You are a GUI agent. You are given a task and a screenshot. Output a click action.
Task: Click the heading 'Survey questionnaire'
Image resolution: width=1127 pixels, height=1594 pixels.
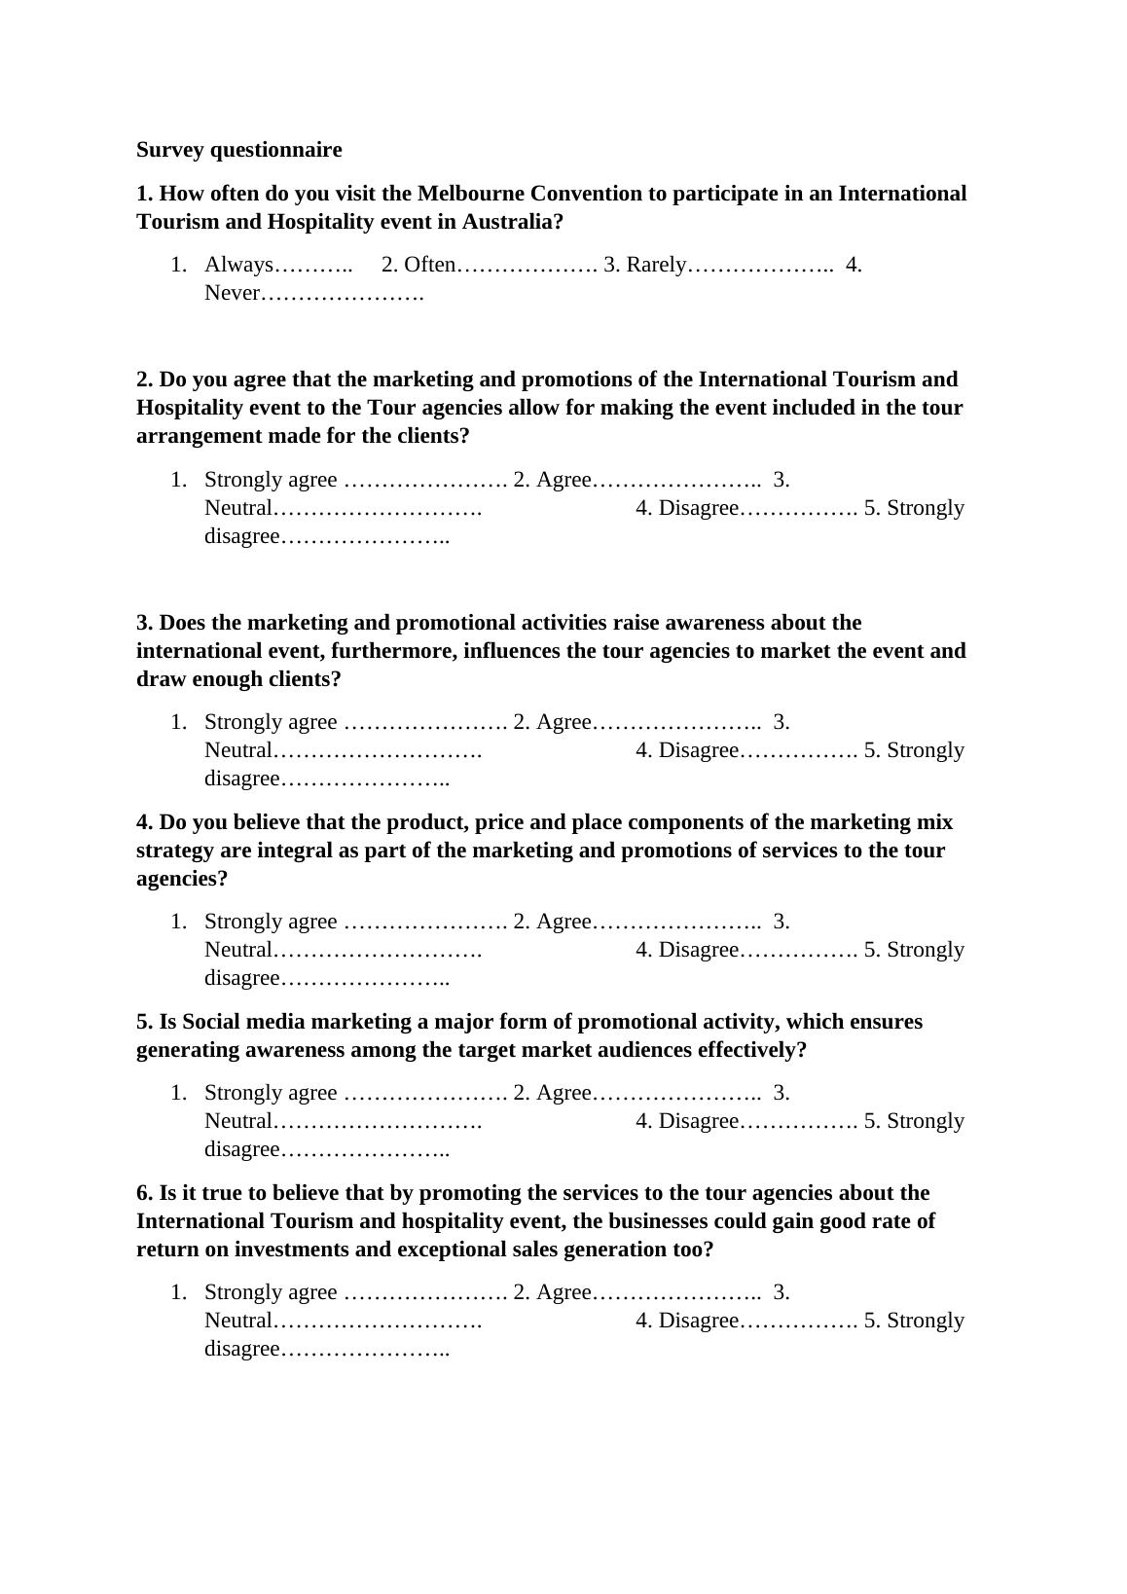click(x=238, y=150)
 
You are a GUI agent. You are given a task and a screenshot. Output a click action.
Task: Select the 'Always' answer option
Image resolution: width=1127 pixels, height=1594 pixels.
click(x=238, y=265)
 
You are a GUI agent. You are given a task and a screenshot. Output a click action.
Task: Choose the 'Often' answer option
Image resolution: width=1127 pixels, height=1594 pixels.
click(x=429, y=265)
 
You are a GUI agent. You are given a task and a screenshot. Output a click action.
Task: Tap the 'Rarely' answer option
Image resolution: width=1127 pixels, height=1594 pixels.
click(x=656, y=265)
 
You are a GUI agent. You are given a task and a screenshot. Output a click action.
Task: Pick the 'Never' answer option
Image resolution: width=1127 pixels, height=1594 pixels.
click(x=232, y=293)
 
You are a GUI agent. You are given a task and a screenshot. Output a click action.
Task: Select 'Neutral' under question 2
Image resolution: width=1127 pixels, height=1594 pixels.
click(x=238, y=508)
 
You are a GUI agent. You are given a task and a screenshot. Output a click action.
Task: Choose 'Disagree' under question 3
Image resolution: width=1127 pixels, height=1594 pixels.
click(x=699, y=750)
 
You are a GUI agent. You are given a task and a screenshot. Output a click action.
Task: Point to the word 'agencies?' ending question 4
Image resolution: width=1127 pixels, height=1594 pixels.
click(x=182, y=879)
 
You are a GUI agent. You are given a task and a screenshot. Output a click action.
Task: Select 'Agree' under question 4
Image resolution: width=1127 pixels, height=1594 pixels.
click(x=563, y=922)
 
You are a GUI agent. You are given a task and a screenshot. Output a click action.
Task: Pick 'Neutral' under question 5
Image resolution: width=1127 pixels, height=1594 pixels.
click(x=238, y=1121)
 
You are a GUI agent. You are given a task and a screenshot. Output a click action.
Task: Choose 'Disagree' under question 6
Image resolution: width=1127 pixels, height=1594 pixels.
click(x=699, y=1321)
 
